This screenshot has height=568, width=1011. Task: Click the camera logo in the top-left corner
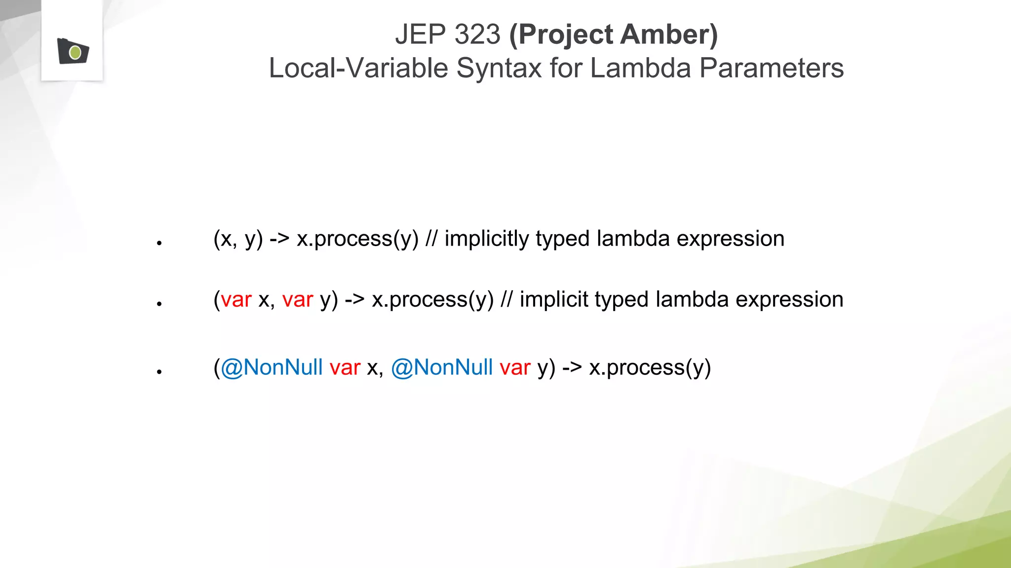pyautogui.click(x=73, y=51)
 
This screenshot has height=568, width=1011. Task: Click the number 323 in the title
pyautogui.click(x=477, y=35)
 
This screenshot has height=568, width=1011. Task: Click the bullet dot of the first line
pyautogui.click(x=159, y=243)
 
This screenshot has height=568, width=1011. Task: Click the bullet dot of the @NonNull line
pyautogui.click(x=159, y=372)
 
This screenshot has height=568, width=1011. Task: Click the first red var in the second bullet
pyautogui.click(x=236, y=300)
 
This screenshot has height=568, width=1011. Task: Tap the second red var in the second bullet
pyautogui.click(x=298, y=300)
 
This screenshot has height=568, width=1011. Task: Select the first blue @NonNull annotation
pyautogui.click(x=272, y=368)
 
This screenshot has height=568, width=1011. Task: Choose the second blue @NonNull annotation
pyautogui.click(x=442, y=368)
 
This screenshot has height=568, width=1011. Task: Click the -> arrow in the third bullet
pyautogui.click(x=572, y=368)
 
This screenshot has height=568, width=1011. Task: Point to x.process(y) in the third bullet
pyautogui.click(x=650, y=368)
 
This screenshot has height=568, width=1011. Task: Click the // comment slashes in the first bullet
pyautogui.click(x=431, y=239)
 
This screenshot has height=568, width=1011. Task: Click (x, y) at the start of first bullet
pyautogui.click(x=238, y=239)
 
